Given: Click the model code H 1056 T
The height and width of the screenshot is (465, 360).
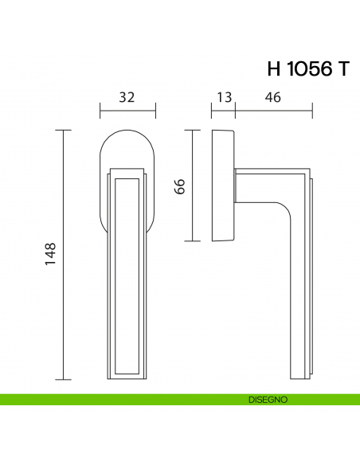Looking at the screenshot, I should [x=308, y=68].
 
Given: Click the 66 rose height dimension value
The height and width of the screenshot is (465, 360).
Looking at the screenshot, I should [x=180, y=186].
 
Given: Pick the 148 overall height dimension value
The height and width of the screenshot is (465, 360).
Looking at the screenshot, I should [x=49, y=253].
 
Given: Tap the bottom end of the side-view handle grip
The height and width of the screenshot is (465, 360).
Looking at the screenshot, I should [x=299, y=374].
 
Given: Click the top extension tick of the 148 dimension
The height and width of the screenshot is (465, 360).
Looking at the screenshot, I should [x=66, y=129].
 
